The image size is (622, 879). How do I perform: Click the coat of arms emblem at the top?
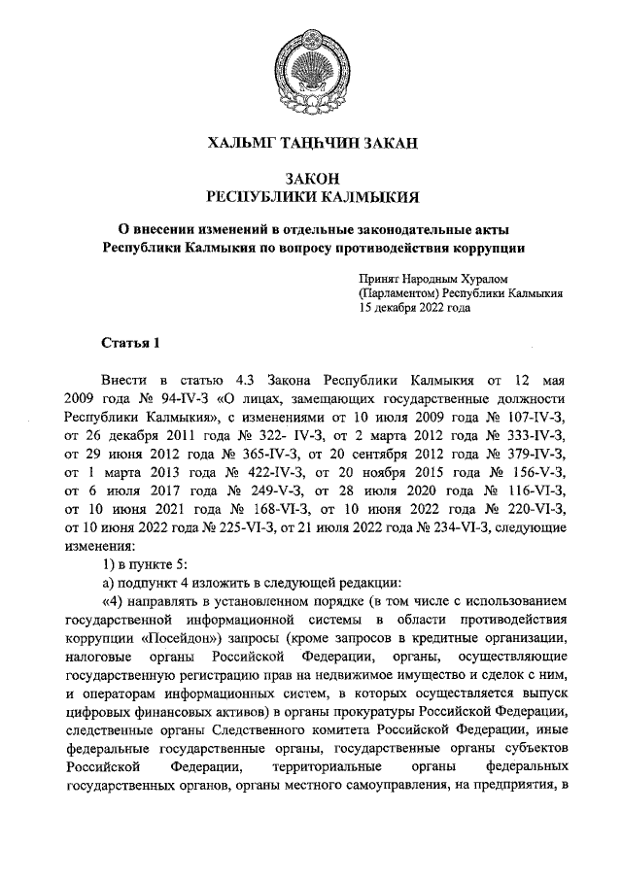[310, 65]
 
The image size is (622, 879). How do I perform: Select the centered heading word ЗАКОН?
[310, 179]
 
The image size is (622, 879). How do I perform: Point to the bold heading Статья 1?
[128, 344]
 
